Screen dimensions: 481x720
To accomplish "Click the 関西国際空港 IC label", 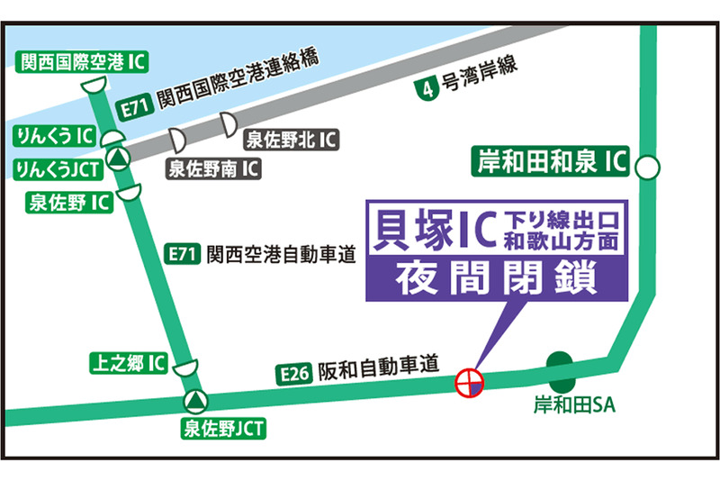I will click(x=83, y=61).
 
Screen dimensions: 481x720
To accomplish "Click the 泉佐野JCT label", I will click(x=223, y=429).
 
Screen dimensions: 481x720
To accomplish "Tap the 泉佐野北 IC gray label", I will click(x=291, y=140).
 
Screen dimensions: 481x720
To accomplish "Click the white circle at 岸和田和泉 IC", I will click(x=648, y=167).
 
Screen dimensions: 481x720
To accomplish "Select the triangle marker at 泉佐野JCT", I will click(x=193, y=399).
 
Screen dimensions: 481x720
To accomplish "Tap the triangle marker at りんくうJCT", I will click(x=118, y=158).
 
